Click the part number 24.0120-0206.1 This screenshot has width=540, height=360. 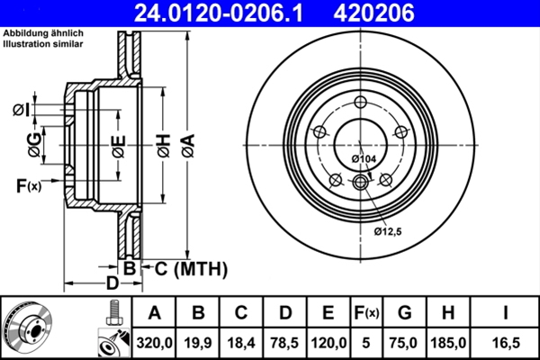click(221, 13)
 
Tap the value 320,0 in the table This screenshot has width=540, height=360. click(154, 342)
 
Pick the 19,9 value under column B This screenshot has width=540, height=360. click(198, 342)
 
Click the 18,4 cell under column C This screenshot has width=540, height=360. click(240, 342)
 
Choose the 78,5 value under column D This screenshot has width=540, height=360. click(284, 342)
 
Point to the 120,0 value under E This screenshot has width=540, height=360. click(328, 342)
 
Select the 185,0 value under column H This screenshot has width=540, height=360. click(450, 342)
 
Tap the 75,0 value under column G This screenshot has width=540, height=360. click(405, 342)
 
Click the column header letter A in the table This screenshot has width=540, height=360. click(154, 313)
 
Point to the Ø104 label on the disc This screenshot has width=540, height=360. click(363, 159)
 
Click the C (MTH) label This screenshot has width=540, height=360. click(184, 268)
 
